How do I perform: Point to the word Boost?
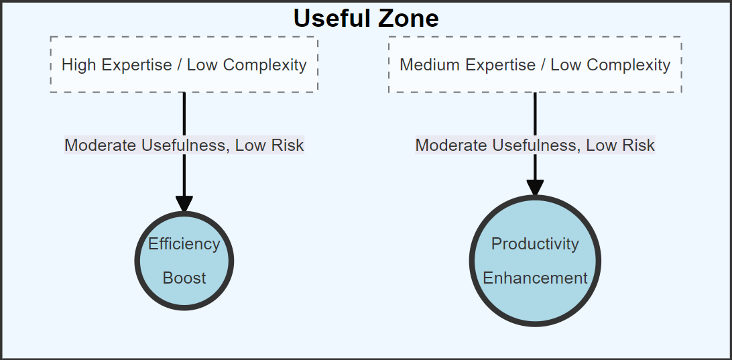coord(184,278)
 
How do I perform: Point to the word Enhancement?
coord(535,278)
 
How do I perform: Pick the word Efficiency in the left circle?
coord(184,244)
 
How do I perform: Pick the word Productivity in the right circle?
coord(535,244)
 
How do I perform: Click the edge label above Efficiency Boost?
coord(184,145)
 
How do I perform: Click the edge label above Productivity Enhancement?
coord(535,145)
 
